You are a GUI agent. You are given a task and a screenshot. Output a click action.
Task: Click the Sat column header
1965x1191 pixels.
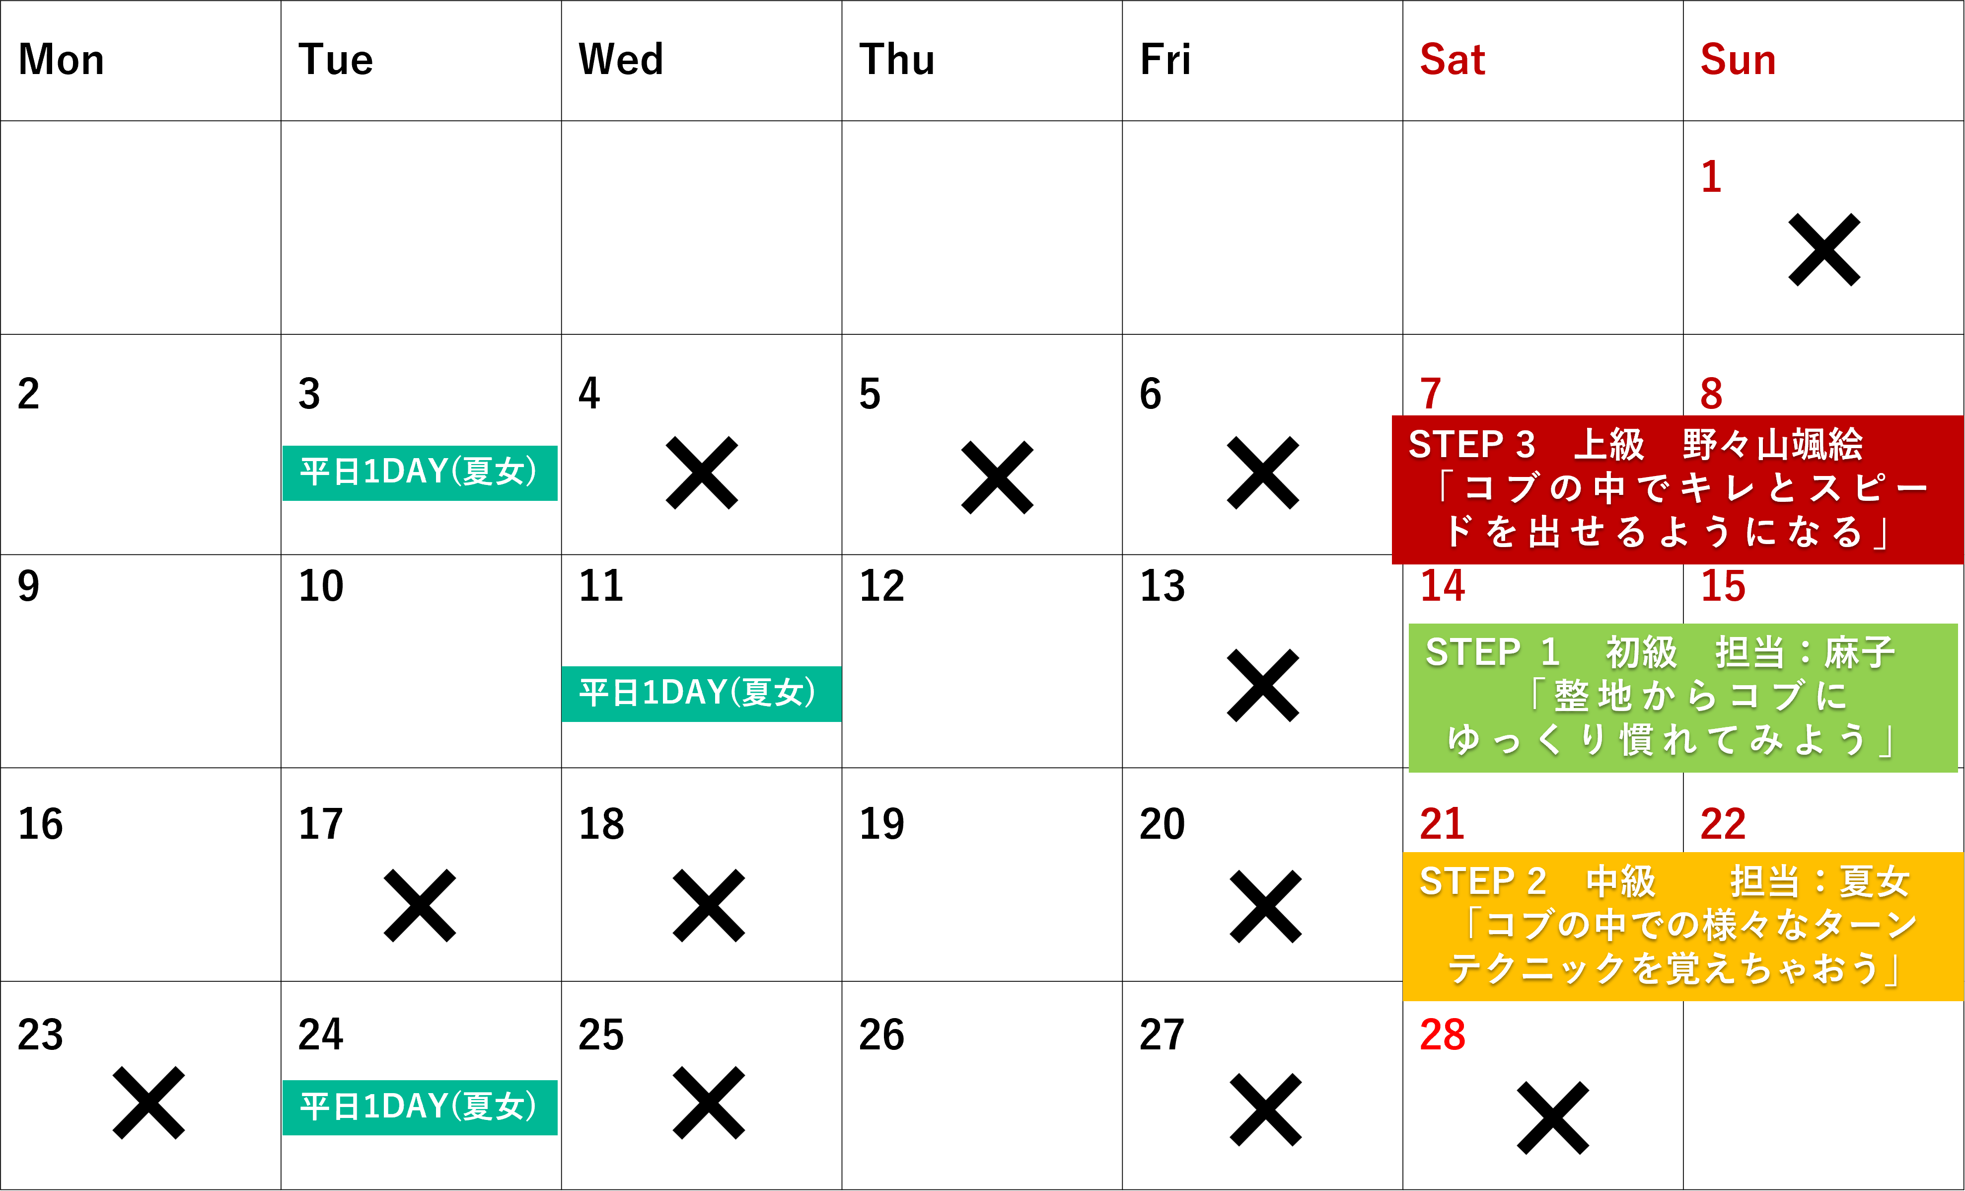pyautogui.click(x=1452, y=60)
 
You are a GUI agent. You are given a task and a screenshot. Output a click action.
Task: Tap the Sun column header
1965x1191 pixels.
pyautogui.click(x=1738, y=60)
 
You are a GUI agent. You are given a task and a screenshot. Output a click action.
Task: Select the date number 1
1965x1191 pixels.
pyautogui.click(x=1711, y=176)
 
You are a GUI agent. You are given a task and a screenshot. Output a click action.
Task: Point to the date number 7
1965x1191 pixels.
pyautogui.click(x=1431, y=394)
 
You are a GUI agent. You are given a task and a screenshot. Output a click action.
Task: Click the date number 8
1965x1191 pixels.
pyautogui.click(x=1711, y=394)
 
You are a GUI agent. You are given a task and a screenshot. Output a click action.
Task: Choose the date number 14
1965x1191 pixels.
pyautogui.click(x=1443, y=586)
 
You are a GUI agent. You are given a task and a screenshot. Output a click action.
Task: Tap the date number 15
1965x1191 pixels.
pyautogui.click(x=1723, y=586)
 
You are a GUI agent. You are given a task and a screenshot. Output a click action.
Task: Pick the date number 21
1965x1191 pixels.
pyautogui.click(x=1443, y=824)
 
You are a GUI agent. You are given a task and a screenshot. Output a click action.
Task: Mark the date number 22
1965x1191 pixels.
pyautogui.click(x=1723, y=824)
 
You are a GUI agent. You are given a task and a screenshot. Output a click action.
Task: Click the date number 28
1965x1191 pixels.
pyautogui.click(x=1443, y=1034)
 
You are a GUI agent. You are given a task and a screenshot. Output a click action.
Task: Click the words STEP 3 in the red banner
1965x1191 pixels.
pyautogui.click(x=1471, y=444)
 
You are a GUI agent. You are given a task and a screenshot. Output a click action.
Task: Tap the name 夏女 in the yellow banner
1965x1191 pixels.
pyautogui.click(x=1874, y=881)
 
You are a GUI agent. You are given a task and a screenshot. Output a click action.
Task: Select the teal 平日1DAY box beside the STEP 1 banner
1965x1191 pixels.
pyautogui.click(x=701, y=693)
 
